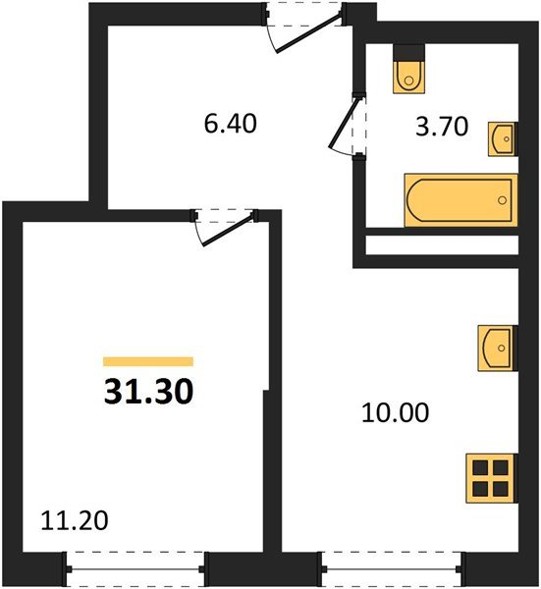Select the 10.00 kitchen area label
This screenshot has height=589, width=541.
(397, 413)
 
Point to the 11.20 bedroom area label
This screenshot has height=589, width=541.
(74, 519)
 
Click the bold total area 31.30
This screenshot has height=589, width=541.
(148, 392)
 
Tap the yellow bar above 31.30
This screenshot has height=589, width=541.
(148, 361)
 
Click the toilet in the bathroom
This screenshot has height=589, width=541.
(406, 71)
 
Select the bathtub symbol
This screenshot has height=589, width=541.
(460, 200)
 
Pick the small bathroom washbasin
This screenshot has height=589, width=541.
(501, 139)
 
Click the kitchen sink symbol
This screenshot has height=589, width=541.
(496, 348)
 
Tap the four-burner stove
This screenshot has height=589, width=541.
(491, 479)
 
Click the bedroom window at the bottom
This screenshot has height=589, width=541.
(136, 567)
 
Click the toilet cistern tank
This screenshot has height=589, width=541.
(406, 52)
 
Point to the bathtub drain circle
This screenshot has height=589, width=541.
(503, 200)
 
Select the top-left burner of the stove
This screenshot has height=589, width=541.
(480, 468)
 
